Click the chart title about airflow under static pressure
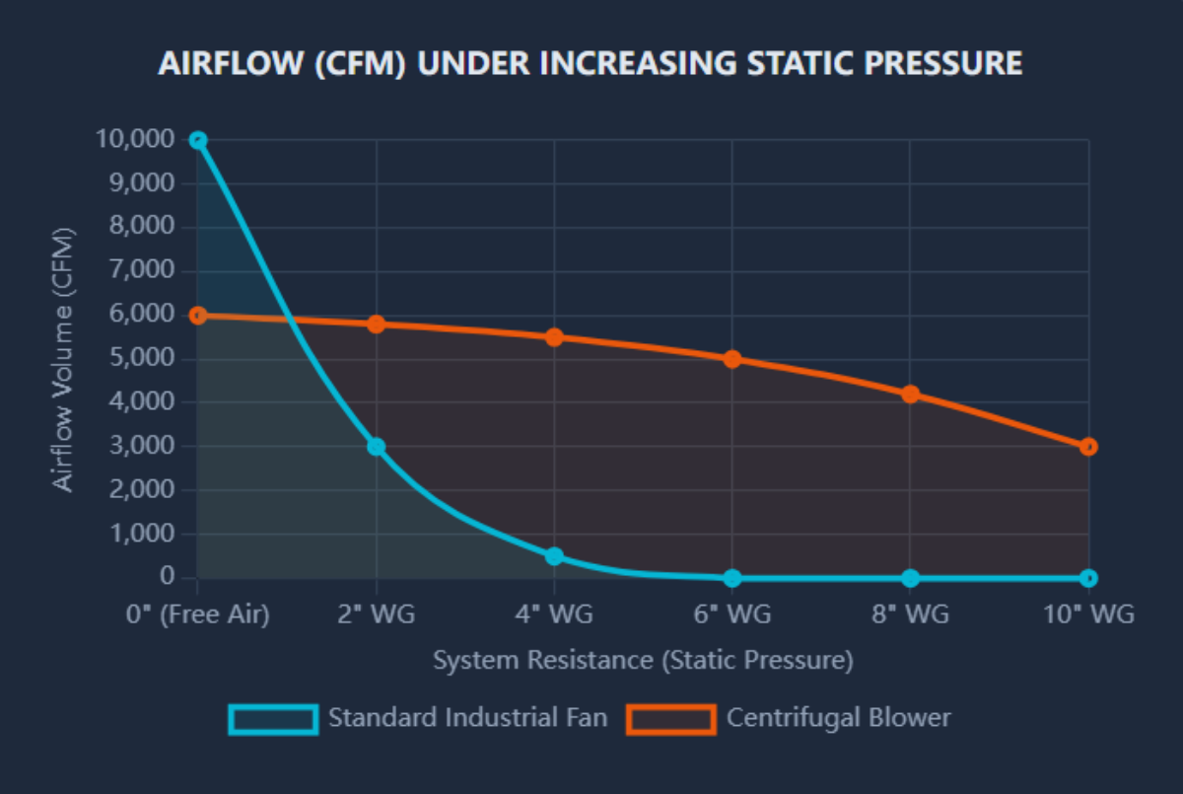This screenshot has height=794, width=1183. point(590,64)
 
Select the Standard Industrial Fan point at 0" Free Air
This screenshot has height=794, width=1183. point(198,140)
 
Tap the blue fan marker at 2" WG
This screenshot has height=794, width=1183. point(376,447)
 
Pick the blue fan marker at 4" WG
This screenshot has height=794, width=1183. point(554,556)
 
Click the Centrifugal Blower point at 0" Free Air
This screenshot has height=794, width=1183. point(198,316)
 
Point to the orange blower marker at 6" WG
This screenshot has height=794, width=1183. point(732,359)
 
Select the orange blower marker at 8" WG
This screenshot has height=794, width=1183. point(910,395)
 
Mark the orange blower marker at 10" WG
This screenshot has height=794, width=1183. point(1088,447)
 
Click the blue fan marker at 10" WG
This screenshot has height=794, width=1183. point(1088,578)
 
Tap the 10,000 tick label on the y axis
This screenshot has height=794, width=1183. point(135,140)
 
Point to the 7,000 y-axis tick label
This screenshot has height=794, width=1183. point(142,271)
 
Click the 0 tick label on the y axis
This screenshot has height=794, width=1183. point(168,578)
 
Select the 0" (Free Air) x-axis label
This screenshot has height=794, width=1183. point(198,614)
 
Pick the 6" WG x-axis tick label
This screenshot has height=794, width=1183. point(732,614)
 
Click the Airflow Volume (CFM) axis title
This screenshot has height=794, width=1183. point(63,359)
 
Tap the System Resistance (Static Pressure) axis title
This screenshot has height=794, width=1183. point(643,660)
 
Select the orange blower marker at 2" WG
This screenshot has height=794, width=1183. point(376,325)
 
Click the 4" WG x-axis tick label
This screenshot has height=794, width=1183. point(554,614)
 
